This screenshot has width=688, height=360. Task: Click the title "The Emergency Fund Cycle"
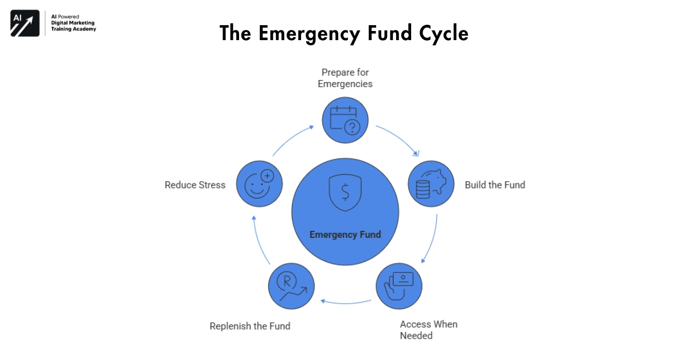point(344,33)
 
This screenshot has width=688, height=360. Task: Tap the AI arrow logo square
point(25,24)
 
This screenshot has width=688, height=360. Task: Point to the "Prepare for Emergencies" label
point(346,78)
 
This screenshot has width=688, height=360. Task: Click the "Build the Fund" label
point(495,185)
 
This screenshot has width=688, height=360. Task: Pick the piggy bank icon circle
point(431,183)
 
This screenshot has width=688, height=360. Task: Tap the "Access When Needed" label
point(428,330)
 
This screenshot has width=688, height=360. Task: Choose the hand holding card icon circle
point(398,285)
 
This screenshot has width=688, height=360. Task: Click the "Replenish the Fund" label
point(250,326)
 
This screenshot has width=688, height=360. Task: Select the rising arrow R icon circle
point(291,285)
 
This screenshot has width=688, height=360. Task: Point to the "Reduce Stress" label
point(195,185)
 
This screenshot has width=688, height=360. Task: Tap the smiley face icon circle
point(259,183)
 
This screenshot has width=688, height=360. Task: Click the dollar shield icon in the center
point(345,193)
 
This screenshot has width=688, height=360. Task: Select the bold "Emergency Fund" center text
point(345,234)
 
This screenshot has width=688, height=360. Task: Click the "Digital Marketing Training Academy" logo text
point(73,25)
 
